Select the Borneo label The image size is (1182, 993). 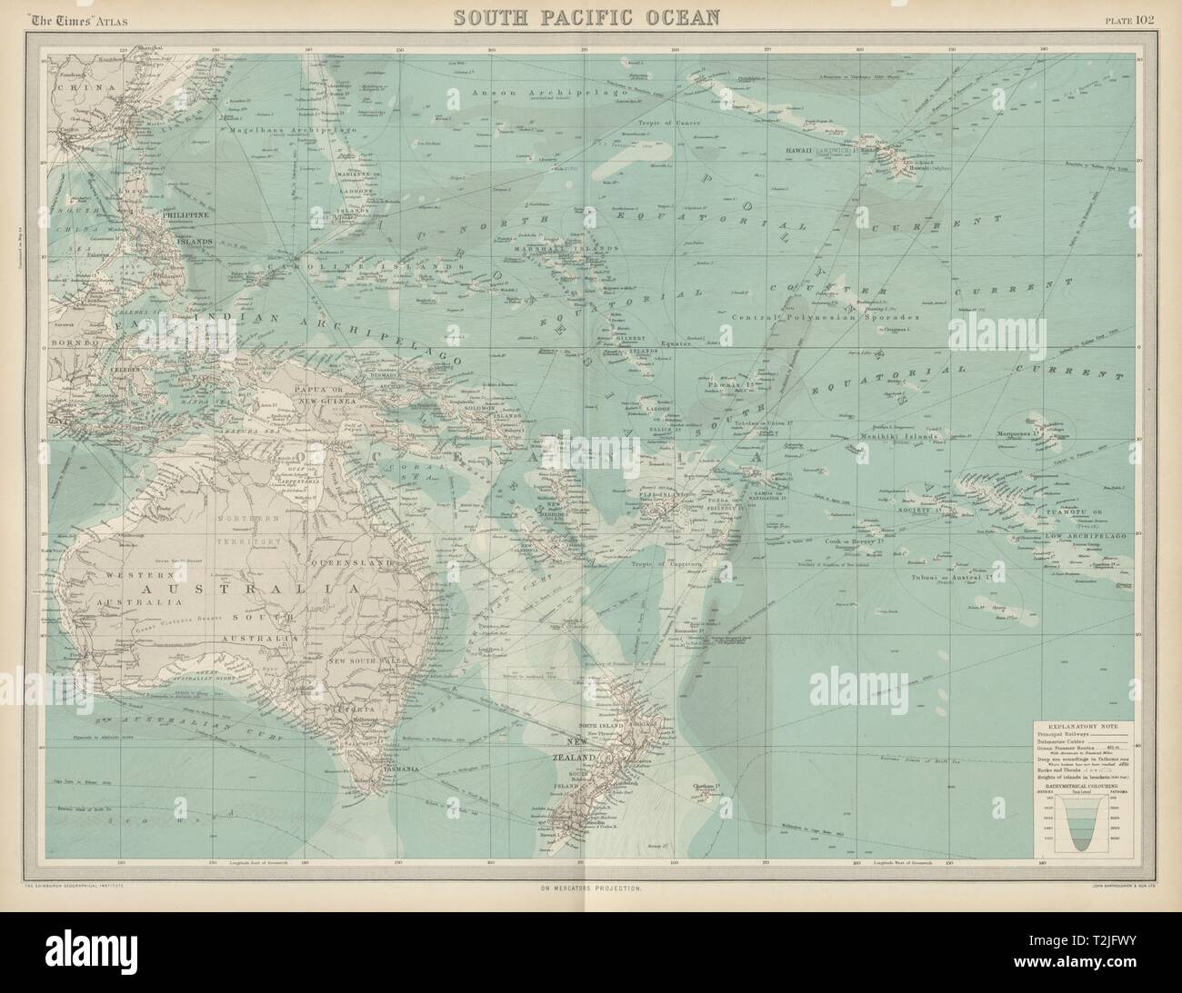pos(69,346)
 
